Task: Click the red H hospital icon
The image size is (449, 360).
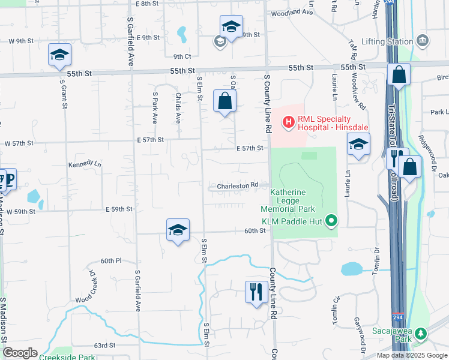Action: point(288,122)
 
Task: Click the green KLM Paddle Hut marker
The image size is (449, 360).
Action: point(330,221)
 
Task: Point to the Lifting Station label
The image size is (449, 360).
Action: point(388,41)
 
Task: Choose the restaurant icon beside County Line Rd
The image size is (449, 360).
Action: point(256,292)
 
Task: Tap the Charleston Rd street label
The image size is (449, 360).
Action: point(237,186)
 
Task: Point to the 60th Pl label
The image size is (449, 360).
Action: point(111,261)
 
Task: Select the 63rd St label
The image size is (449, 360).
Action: point(104,346)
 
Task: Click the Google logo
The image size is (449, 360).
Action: point(20,352)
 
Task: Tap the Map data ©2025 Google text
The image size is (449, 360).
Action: point(412,355)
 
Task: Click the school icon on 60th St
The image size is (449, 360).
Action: point(178,230)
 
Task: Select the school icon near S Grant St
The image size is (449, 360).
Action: point(59,55)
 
